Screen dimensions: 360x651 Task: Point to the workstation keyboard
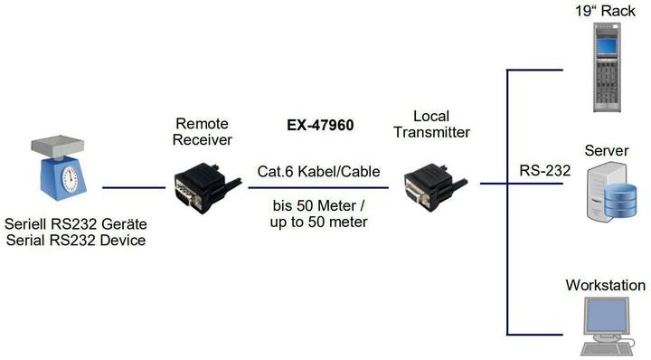pos(603,348)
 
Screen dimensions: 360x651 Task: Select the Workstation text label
pos(605,286)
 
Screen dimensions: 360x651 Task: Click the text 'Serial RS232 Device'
pos(76,241)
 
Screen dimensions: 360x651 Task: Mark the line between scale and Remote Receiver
pos(135,188)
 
